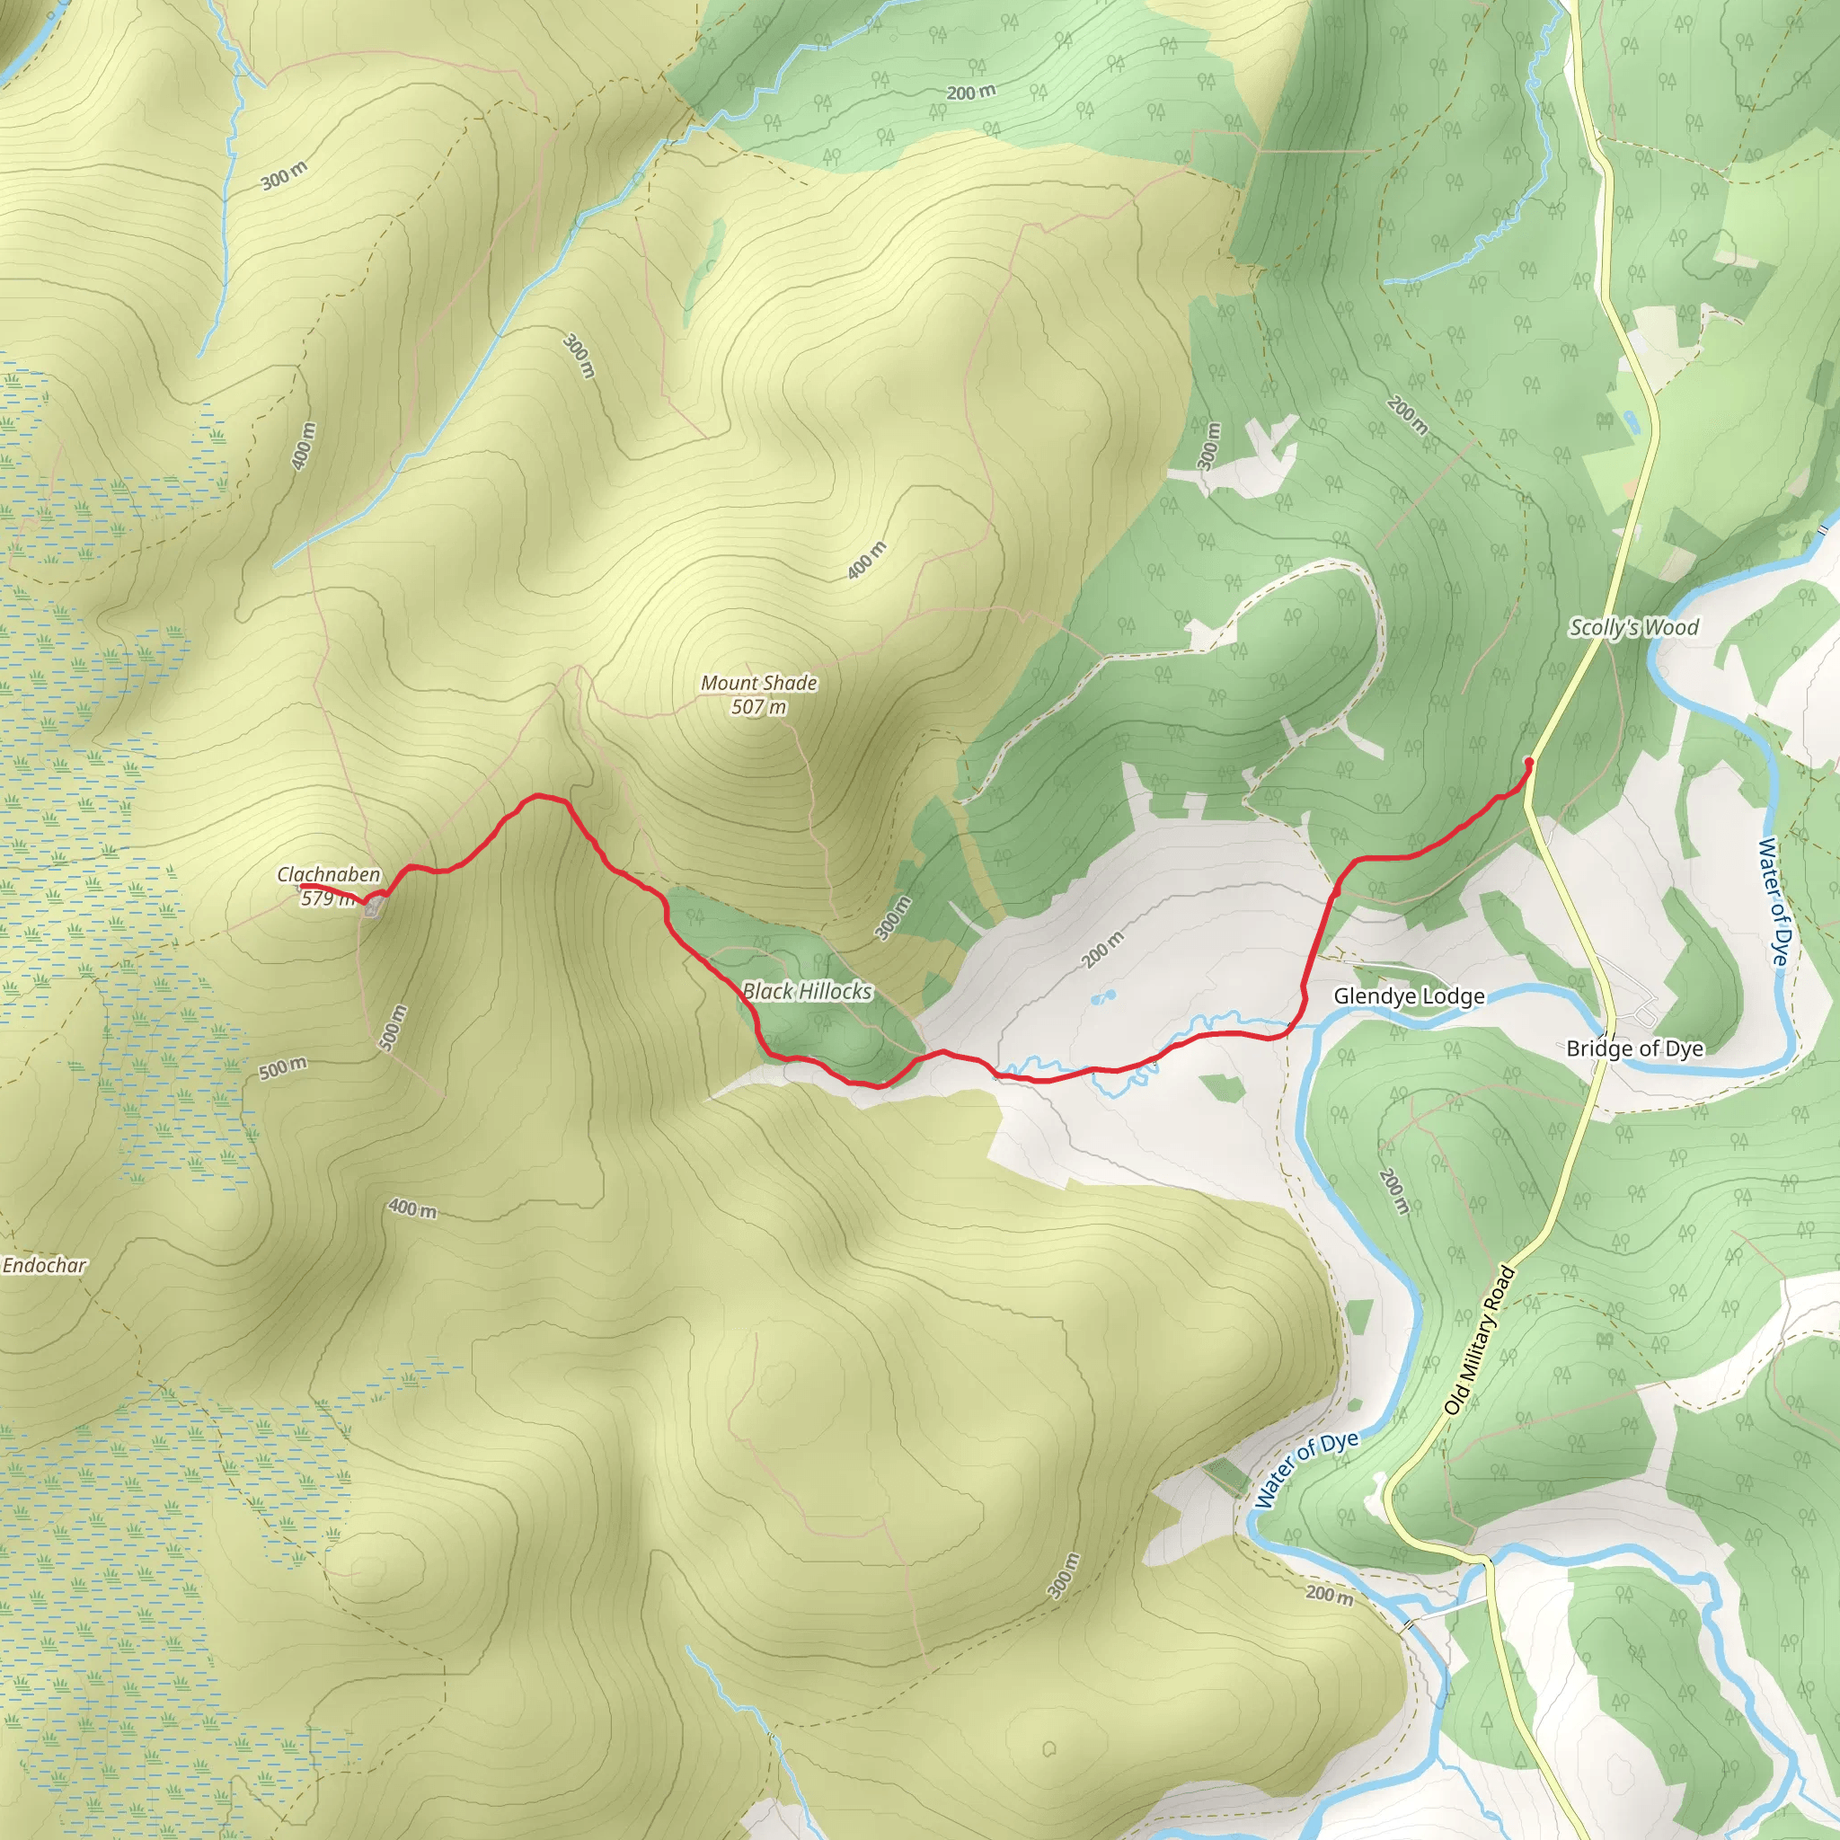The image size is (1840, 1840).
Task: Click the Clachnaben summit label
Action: click(x=329, y=874)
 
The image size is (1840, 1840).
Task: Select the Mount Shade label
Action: click(x=759, y=683)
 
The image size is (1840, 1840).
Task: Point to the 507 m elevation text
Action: click(x=759, y=707)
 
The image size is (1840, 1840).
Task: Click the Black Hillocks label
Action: click(x=807, y=992)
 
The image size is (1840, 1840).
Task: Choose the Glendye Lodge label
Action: click(x=1409, y=996)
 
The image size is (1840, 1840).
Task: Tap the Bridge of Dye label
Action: click(x=1634, y=1048)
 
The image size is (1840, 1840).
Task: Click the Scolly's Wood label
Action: click(x=1634, y=628)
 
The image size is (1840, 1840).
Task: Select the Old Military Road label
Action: click(x=1478, y=1339)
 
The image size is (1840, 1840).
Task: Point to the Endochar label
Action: click(x=44, y=1266)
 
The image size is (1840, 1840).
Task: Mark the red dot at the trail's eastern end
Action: click(x=1528, y=762)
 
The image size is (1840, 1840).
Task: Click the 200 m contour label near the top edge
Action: click(x=971, y=93)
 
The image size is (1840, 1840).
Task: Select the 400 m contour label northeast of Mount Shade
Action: click(x=867, y=560)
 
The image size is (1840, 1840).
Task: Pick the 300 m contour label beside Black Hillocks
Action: click(x=893, y=918)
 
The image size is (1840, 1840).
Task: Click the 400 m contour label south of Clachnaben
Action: click(x=412, y=1208)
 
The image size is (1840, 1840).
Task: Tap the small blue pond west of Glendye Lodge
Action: click(x=1104, y=997)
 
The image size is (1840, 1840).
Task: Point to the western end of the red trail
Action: click(x=303, y=888)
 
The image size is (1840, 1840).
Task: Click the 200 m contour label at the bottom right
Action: click(x=1329, y=1593)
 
